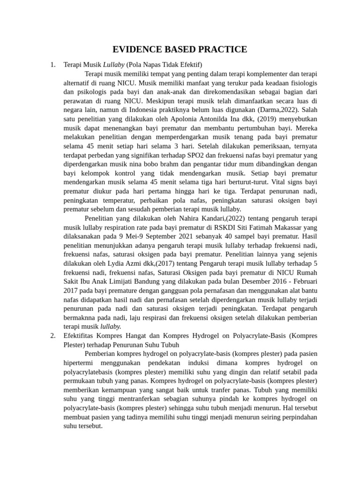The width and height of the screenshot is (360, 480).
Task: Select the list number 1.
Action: pyautogui.click(x=52, y=64)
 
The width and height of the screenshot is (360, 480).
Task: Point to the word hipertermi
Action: pyautogui.click(x=79, y=363)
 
